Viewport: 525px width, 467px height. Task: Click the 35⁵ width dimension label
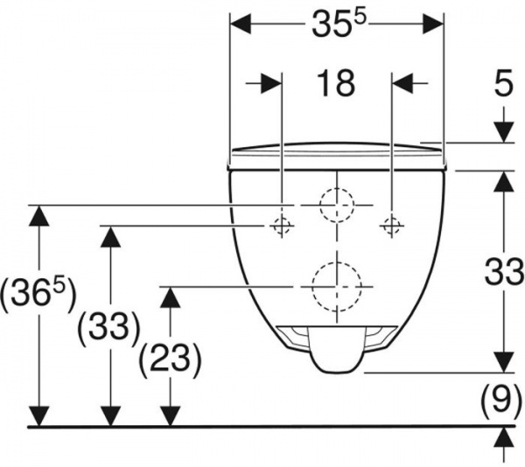(x=337, y=26)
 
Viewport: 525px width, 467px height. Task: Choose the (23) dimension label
(x=170, y=357)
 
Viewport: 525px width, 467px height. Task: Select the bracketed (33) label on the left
(x=108, y=327)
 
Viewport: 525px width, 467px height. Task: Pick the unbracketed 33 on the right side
(x=503, y=273)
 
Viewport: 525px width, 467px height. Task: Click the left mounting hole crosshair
(x=281, y=226)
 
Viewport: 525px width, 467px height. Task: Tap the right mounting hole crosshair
(x=390, y=226)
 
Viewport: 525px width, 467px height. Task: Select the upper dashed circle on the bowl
(x=336, y=206)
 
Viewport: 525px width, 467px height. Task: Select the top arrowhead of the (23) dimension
(x=170, y=297)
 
